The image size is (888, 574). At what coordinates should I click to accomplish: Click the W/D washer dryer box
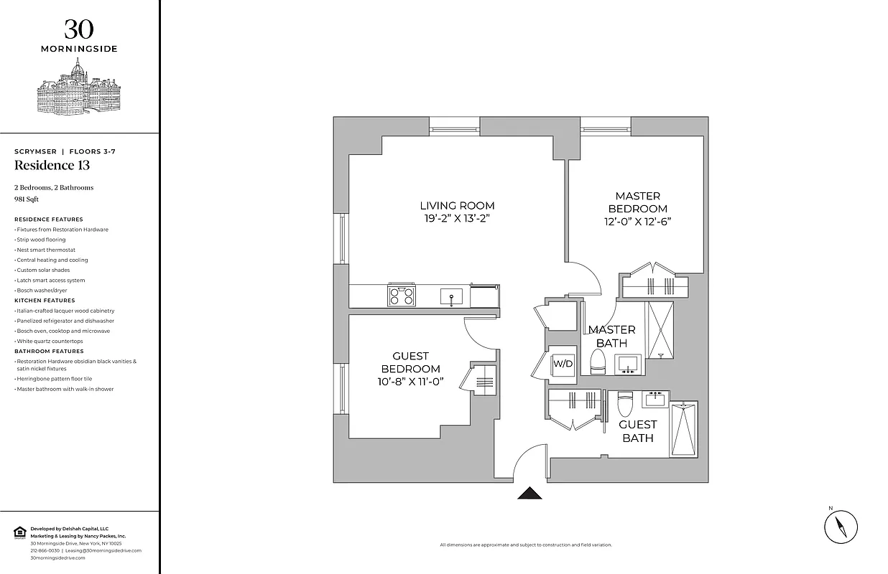point(563,363)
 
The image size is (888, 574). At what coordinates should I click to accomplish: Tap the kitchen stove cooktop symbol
point(402,296)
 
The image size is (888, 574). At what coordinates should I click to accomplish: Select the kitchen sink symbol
point(451,296)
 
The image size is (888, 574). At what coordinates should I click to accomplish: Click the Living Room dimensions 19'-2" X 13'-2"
point(458,219)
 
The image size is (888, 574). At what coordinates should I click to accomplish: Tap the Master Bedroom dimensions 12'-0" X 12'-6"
point(637,222)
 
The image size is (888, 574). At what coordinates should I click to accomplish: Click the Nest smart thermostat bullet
point(46,250)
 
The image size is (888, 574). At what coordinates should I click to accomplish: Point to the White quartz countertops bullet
point(50,341)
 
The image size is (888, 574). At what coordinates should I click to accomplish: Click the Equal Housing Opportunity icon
point(19,532)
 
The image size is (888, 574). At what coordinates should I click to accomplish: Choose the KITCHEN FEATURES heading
point(45,301)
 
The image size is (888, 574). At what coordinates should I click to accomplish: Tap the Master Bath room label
point(611,337)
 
